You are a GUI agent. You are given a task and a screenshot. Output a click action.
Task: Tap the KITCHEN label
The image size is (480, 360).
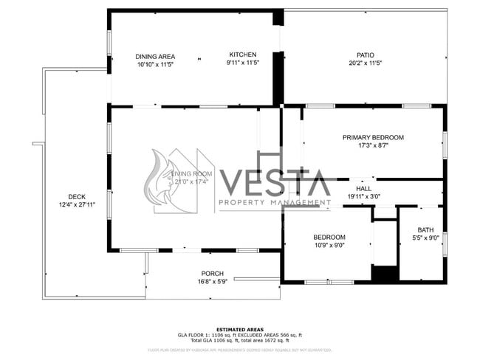242,55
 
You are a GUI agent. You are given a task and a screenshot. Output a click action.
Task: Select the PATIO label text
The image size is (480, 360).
365,55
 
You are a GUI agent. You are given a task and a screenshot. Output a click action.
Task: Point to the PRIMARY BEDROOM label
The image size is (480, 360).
373,137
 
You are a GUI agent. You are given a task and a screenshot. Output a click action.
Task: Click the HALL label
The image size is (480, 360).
364,188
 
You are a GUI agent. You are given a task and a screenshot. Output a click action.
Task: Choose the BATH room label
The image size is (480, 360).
425,229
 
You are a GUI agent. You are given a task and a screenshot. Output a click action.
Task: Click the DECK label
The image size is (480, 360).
77,196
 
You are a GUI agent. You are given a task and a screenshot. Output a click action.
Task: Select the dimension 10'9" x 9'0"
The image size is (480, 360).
329,246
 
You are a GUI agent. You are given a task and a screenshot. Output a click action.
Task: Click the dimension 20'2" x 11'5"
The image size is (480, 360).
365,63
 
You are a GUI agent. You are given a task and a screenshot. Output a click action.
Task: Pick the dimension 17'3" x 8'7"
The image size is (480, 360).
373,146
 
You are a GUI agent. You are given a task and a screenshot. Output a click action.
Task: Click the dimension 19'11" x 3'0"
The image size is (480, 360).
364,197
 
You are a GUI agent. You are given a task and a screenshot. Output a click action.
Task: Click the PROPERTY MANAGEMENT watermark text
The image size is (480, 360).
274,202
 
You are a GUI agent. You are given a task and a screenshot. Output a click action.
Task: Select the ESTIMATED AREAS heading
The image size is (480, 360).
239,329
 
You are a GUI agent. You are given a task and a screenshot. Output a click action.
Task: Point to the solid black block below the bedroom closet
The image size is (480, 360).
384,274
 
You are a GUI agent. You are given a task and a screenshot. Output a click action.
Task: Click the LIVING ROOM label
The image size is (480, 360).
190,173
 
